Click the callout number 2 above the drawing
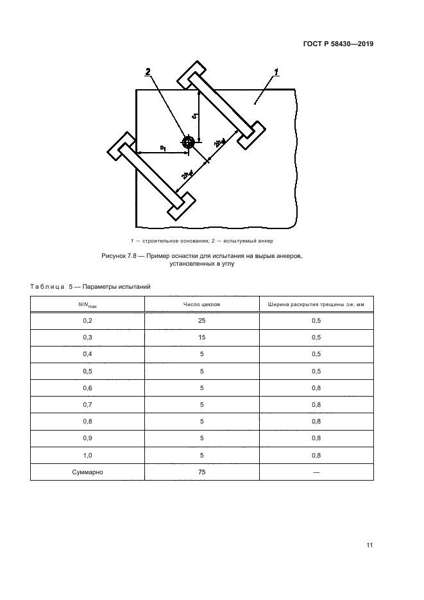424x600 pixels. pyautogui.click(x=148, y=71)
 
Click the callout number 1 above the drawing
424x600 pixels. pyautogui.click(x=276, y=72)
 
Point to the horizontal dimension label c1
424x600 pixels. pyautogui.click(x=163, y=148)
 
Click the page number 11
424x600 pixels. pyautogui.click(x=369, y=545)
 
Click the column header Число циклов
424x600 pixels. pyautogui.click(x=201, y=304)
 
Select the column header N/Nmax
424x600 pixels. pyautogui.click(x=88, y=305)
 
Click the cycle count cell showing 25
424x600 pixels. pyautogui.click(x=201, y=320)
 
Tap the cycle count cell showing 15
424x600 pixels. pyautogui.click(x=201, y=337)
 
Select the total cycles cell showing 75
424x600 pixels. pyautogui.click(x=201, y=472)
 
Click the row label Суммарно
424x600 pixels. pyautogui.click(x=88, y=472)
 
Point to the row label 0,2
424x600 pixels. pyautogui.click(x=88, y=320)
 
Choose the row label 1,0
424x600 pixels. pyautogui.click(x=88, y=455)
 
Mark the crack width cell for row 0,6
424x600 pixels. pyautogui.click(x=316, y=388)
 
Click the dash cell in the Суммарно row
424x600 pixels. pyautogui.click(x=316, y=472)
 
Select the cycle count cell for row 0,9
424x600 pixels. pyautogui.click(x=201, y=438)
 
